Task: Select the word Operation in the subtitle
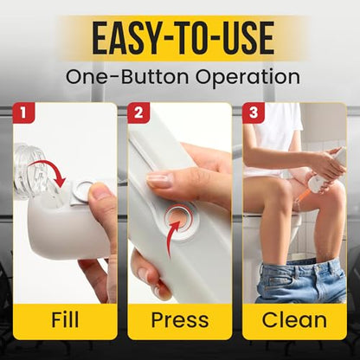(x=247, y=77)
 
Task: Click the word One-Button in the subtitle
(x=127, y=76)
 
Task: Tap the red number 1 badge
(x=23, y=112)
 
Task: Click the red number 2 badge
(x=138, y=112)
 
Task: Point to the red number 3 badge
(x=254, y=112)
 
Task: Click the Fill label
(x=65, y=319)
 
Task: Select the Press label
(x=180, y=320)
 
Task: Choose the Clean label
(x=294, y=319)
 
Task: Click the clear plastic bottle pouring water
(x=30, y=170)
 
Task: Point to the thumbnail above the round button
(x=159, y=179)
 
